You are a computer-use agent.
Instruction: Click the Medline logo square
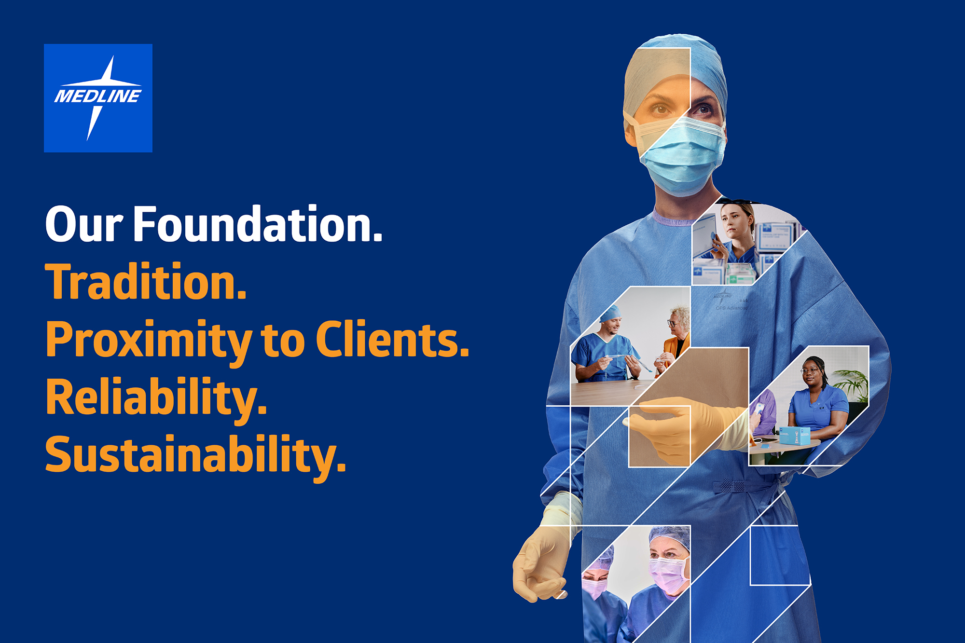[98, 98]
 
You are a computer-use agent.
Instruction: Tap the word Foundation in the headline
[258, 224]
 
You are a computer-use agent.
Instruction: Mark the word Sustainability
[195, 456]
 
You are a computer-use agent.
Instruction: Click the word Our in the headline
[84, 224]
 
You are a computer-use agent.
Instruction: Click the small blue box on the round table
[793, 435]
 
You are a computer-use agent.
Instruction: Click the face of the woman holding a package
[735, 222]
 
